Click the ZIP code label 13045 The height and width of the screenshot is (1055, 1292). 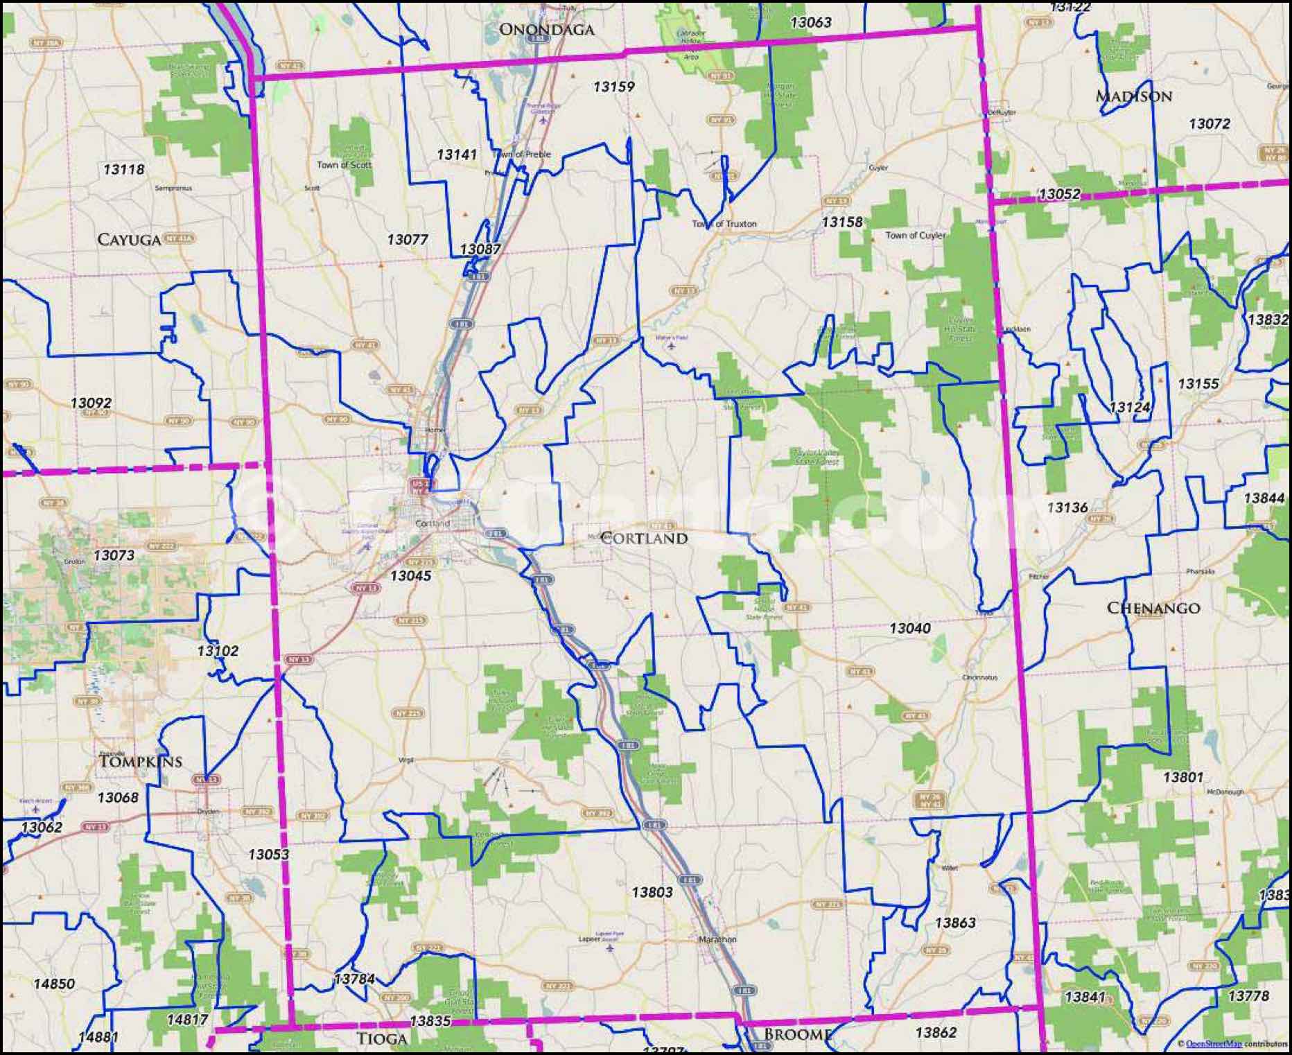click(x=410, y=575)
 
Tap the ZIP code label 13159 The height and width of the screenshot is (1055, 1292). click(x=613, y=87)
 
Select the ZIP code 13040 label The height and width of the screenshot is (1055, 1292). click(x=909, y=628)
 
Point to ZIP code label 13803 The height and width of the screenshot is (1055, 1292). click(x=652, y=892)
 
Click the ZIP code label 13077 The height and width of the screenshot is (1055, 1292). click(x=407, y=239)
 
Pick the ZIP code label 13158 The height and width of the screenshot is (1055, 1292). click(x=842, y=222)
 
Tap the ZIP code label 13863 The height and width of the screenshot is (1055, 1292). click(x=954, y=923)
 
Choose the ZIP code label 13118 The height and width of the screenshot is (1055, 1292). click(x=123, y=169)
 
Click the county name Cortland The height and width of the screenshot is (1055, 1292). click(x=644, y=539)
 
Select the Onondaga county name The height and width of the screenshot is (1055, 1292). click(x=547, y=29)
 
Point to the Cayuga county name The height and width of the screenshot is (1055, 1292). click(x=129, y=240)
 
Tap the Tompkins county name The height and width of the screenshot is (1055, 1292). click(x=140, y=761)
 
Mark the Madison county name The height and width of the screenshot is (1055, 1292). click(x=1133, y=96)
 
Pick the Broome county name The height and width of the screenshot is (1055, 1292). click(x=797, y=1035)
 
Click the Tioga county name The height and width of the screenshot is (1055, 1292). click(x=381, y=1038)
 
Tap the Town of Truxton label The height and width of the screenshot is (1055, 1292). click(x=724, y=224)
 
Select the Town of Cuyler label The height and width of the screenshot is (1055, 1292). click(x=915, y=236)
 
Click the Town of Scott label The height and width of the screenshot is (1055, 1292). click(x=344, y=165)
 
